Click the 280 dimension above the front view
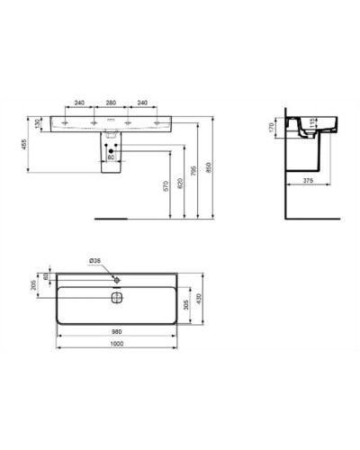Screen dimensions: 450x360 (111, 103)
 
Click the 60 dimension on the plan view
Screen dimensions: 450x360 (47, 275)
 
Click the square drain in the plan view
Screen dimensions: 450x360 (116, 297)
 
